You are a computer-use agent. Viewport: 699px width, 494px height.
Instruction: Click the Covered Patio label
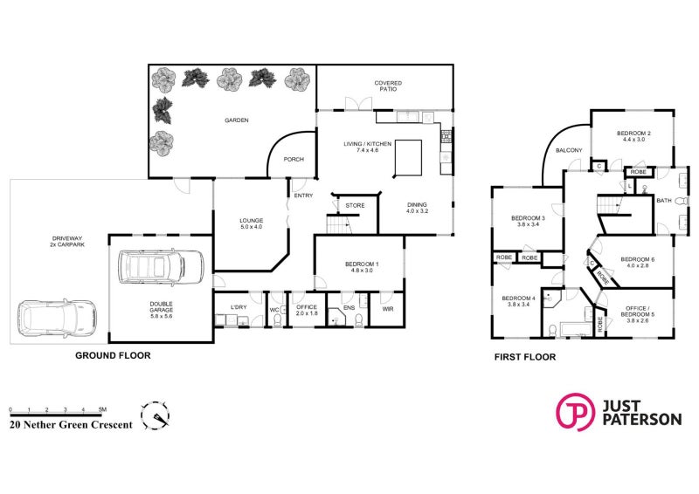[389, 86]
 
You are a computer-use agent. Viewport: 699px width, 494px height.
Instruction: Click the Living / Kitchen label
[373, 147]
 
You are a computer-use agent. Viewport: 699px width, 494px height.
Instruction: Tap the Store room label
[355, 205]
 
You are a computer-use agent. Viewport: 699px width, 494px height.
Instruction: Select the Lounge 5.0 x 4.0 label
[252, 223]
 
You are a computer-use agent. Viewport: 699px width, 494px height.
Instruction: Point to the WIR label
[387, 308]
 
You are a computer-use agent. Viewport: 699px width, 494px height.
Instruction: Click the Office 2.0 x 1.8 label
[306, 310]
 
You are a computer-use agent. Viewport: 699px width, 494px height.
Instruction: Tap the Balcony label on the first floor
[569, 151]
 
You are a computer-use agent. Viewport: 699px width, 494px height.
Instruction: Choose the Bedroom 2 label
[634, 136]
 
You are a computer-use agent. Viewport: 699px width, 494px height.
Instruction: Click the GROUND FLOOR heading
[113, 356]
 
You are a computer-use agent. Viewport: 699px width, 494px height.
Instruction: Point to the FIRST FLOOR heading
[524, 357]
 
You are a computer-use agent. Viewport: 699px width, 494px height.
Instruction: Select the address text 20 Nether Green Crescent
[71, 425]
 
